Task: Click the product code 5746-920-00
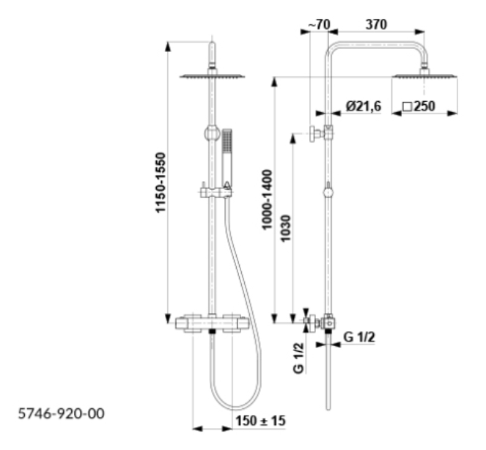coord(62,414)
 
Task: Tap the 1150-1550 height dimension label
coord(161,182)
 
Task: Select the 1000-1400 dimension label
coord(267,200)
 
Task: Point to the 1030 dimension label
coord(285,228)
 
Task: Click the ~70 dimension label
coord(320,25)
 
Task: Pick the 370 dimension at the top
coord(376,25)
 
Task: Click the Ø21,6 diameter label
coord(364,106)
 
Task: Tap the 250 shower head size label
coord(419,106)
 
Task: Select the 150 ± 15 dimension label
coord(260,421)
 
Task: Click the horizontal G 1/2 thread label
coord(359,337)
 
